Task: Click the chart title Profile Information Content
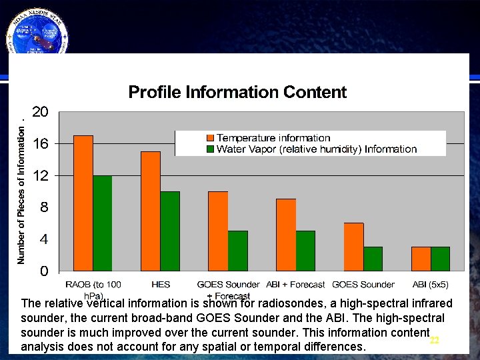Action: (x=237, y=92)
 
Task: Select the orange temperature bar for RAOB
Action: (x=83, y=203)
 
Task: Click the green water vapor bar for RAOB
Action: (x=103, y=223)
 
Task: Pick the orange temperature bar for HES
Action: (x=151, y=211)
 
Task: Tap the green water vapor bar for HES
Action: (x=170, y=231)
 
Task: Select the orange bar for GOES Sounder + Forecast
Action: (x=218, y=231)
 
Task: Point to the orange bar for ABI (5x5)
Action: (x=421, y=259)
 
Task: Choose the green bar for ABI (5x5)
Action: (x=440, y=259)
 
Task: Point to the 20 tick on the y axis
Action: (x=40, y=112)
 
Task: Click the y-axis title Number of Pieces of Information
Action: (x=21, y=191)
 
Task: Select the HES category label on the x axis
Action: (x=161, y=285)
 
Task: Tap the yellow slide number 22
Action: (x=435, y=340)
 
